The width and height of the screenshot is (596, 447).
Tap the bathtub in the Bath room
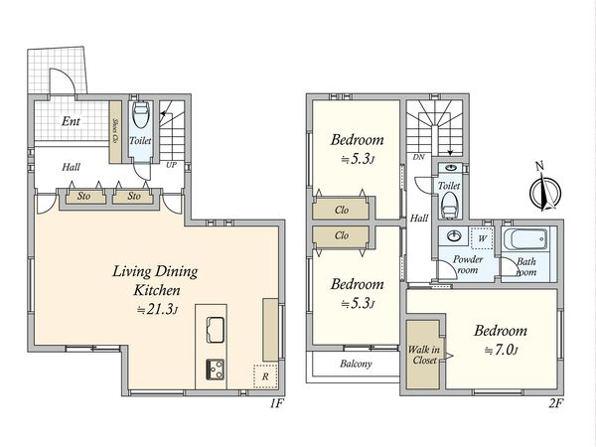point(525,238)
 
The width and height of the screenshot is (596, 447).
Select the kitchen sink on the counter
point(216,330)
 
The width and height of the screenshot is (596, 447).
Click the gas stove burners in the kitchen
point(216,370)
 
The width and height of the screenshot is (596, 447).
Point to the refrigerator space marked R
point(265,376)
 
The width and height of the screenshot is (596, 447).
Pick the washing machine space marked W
point(482,238)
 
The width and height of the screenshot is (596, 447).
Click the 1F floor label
point(277,403)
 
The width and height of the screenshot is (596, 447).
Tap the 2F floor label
point(555,403)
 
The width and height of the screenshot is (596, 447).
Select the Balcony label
point(356,364)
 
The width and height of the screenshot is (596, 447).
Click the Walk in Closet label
point(424,355)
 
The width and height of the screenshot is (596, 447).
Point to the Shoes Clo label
point(115,131)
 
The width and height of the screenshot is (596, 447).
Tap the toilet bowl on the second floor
point(449,206)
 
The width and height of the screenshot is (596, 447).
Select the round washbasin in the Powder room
point(454,235)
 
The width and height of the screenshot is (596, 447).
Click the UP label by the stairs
point(171,165)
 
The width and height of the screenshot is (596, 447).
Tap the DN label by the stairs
point(418,157)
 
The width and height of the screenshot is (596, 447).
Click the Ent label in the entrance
point(71,121)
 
